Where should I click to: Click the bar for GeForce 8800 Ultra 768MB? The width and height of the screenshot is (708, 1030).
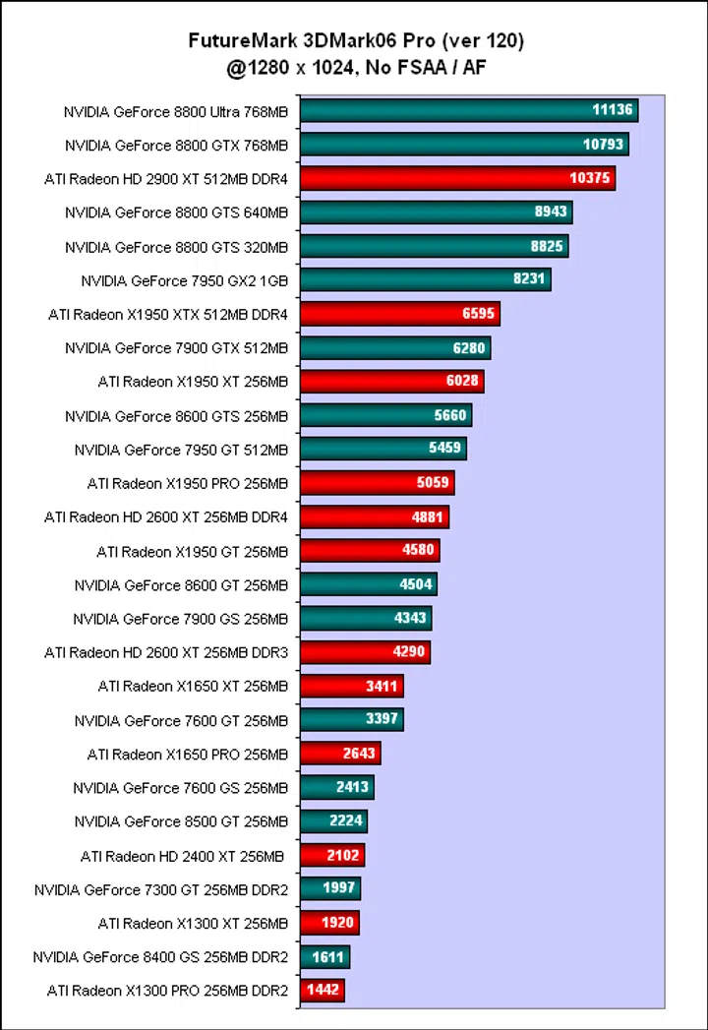click(x=468, y=110)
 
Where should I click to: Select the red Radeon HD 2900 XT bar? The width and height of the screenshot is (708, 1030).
click(x=457, y=178)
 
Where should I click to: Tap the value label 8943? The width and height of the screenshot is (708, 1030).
click(x=548, y=212)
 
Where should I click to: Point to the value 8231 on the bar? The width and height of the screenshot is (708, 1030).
click(x=529, y=279)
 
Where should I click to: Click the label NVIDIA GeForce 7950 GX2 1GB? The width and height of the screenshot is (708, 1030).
click(x=184, y=280)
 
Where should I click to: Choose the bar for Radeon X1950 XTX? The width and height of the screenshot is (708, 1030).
click(x=399, y=314)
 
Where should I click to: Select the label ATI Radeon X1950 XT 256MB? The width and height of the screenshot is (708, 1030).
click(x=193, y=382)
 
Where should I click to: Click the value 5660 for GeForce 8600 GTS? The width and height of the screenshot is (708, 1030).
click(x=450, y=415)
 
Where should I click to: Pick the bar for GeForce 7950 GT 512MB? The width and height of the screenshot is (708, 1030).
click(x=383, y=450)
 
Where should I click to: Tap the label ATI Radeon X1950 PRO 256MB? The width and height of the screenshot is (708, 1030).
click(x=188, y=483)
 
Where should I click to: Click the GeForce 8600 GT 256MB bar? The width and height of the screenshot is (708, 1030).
click(x=368, y=584)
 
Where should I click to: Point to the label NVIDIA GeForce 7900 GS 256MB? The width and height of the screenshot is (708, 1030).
click(x=180, y=619)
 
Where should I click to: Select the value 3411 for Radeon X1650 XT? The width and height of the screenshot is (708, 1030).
click(x=383, y=687)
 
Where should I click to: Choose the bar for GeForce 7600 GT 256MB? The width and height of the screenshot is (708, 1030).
click(x=351, y=719)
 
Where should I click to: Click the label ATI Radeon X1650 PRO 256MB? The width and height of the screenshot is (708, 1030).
click(x=188, y=755)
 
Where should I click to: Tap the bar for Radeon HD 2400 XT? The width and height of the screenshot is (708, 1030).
click(x=331, y=856)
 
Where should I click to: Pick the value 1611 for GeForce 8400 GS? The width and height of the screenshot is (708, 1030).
click(x=327, y=957)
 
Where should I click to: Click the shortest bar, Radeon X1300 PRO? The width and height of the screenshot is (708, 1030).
click(x=322, y=991)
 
